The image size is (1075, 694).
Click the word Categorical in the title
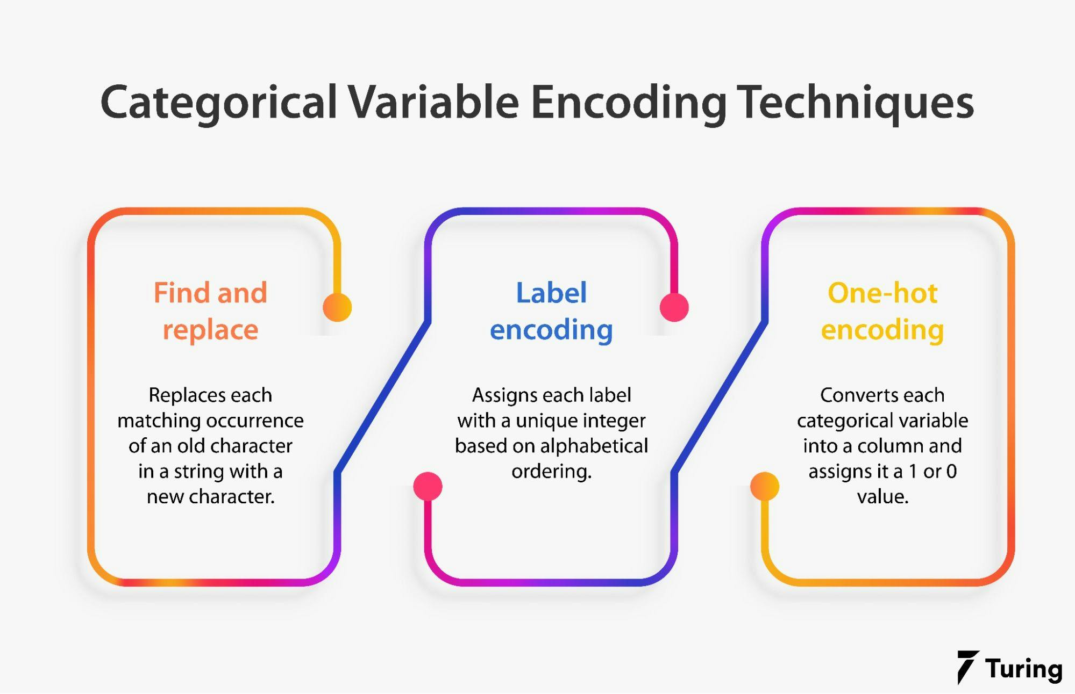pyautogui.click(x=219, y=103)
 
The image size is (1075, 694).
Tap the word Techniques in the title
pyautogui.click(x=855, y=103)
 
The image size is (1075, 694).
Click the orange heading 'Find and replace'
pyautogui.click(x=210, y=312)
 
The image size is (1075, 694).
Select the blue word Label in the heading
pyautogui.click(x=551, y=293)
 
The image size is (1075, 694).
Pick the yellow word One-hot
pyautogui.click(x=882, y=293)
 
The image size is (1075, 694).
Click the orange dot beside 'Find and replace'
pyautogui.click(x=337, y=307)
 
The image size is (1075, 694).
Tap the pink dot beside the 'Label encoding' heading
pyautogui.click(x=674, y=307)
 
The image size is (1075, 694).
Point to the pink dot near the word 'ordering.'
pyautogui.click(x=428, y=487)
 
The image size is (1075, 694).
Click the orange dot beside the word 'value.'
pyautogui.click(x=765, y=487)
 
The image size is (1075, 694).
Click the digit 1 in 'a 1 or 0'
pyautogui.click(x=913, y=472)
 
